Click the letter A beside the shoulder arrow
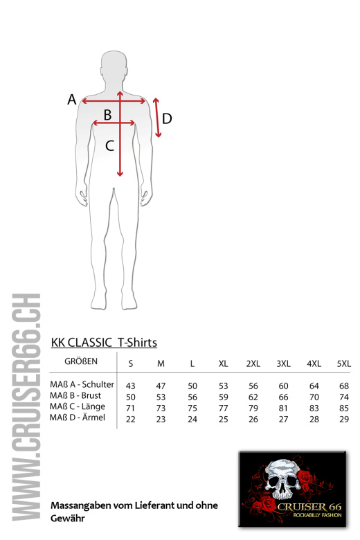point(72,99)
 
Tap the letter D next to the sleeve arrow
point(167,118)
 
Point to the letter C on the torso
point(109,145)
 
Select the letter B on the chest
point(107,115)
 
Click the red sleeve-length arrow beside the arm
point(157,118)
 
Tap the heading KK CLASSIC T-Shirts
point(104,343)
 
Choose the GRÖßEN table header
point(81,361)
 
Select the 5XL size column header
point(344,363)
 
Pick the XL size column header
point(223,363)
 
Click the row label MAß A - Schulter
point(82,384)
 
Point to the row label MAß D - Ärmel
point(78,417)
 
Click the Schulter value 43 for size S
point(131,386)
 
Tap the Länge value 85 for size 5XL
point(344,408)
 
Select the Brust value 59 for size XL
point(223,397)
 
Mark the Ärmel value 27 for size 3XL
point(283,419)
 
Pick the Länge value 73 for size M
point(161,408)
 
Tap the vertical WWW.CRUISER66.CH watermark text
point(26,407)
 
